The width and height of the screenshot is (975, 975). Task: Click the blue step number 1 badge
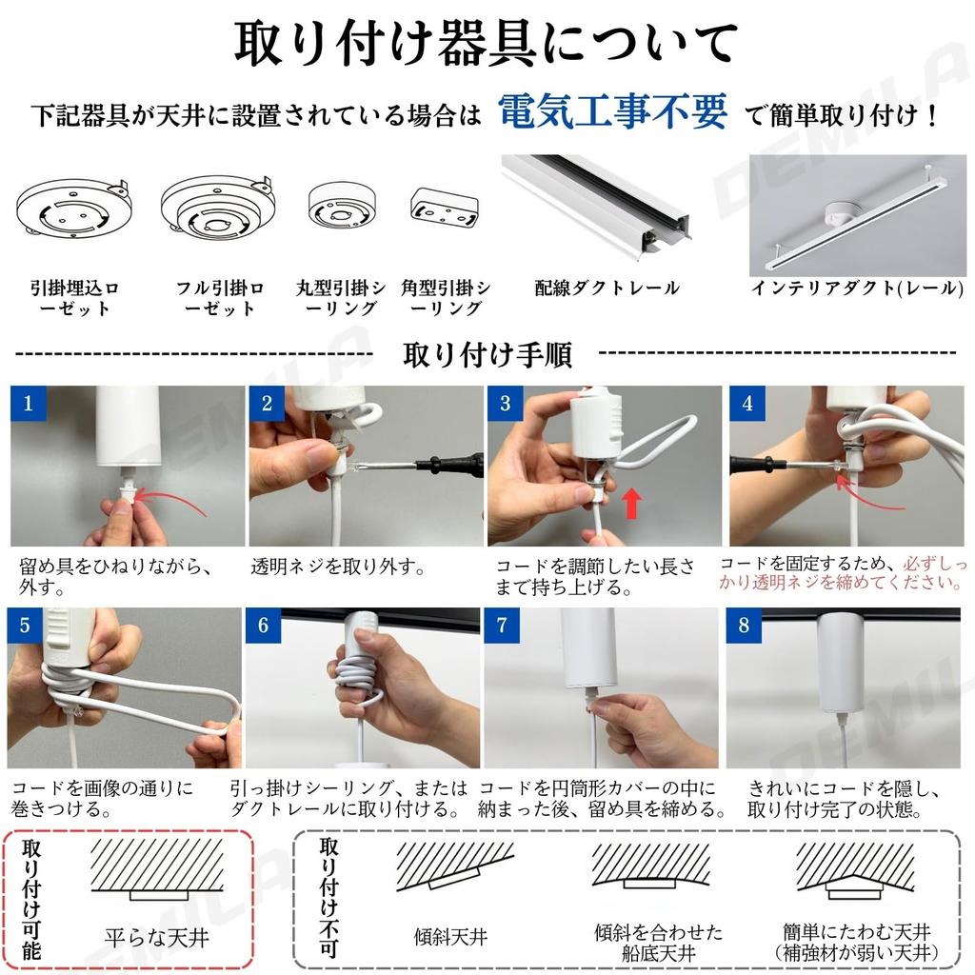pos(28,403)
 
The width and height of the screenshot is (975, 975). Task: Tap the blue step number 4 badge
pos(746,403)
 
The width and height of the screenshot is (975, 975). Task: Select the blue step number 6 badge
pos(263,625)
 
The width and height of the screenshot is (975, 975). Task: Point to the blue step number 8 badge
pos(744,625)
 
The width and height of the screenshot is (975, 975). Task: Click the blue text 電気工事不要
pos(612,112)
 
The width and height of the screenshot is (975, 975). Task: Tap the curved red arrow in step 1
pos(169,501)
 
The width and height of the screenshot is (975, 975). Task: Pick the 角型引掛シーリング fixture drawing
pos(444,207)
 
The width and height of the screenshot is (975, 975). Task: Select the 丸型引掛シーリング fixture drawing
pos(342,206)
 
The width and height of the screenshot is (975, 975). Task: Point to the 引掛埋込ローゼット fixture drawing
pos(73,207)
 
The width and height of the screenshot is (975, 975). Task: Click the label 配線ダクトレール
pos(607,288)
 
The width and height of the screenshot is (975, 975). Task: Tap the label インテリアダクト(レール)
pos(858,288)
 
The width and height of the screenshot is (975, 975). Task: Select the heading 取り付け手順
pos(487,355)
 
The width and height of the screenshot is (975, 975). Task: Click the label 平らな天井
pos(157,938)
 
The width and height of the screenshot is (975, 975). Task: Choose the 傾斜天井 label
pos(450,937)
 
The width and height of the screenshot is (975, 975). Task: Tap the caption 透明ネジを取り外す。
pos(338,567)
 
